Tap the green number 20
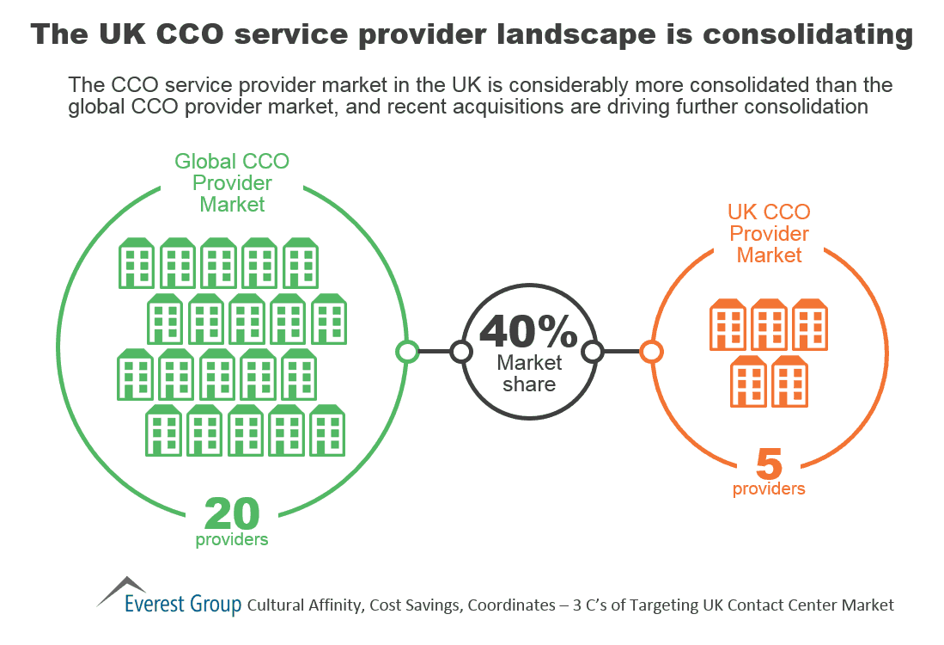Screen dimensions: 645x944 point(232,514)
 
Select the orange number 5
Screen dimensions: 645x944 point(769,465)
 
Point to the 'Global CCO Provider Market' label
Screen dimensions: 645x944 point(232,182)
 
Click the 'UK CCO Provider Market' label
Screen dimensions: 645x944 point(769,233)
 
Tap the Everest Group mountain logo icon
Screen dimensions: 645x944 point(120,590)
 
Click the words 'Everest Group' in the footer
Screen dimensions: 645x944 point(182,605)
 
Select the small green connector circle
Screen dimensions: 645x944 point(407,351)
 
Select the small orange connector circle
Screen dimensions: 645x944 point(651,351)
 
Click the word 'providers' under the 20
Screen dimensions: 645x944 point(232,540)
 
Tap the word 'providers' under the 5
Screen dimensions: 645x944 point(769,489)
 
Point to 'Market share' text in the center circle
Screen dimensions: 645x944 point(529,373)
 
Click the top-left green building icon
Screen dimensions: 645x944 point(136,262)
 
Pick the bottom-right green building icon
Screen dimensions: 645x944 point(327,429)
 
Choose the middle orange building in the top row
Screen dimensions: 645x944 point(769,324)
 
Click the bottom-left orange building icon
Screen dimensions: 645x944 point(748,381)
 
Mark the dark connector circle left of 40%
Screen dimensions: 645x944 point(461,351)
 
